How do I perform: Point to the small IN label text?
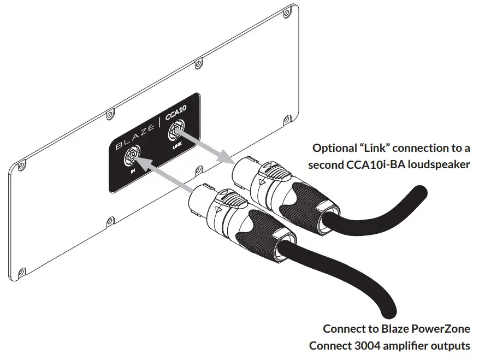[x=133, y=174]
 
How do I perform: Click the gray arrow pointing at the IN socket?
[x=163, y=176]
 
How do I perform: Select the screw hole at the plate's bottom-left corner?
[x=22, y=270]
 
